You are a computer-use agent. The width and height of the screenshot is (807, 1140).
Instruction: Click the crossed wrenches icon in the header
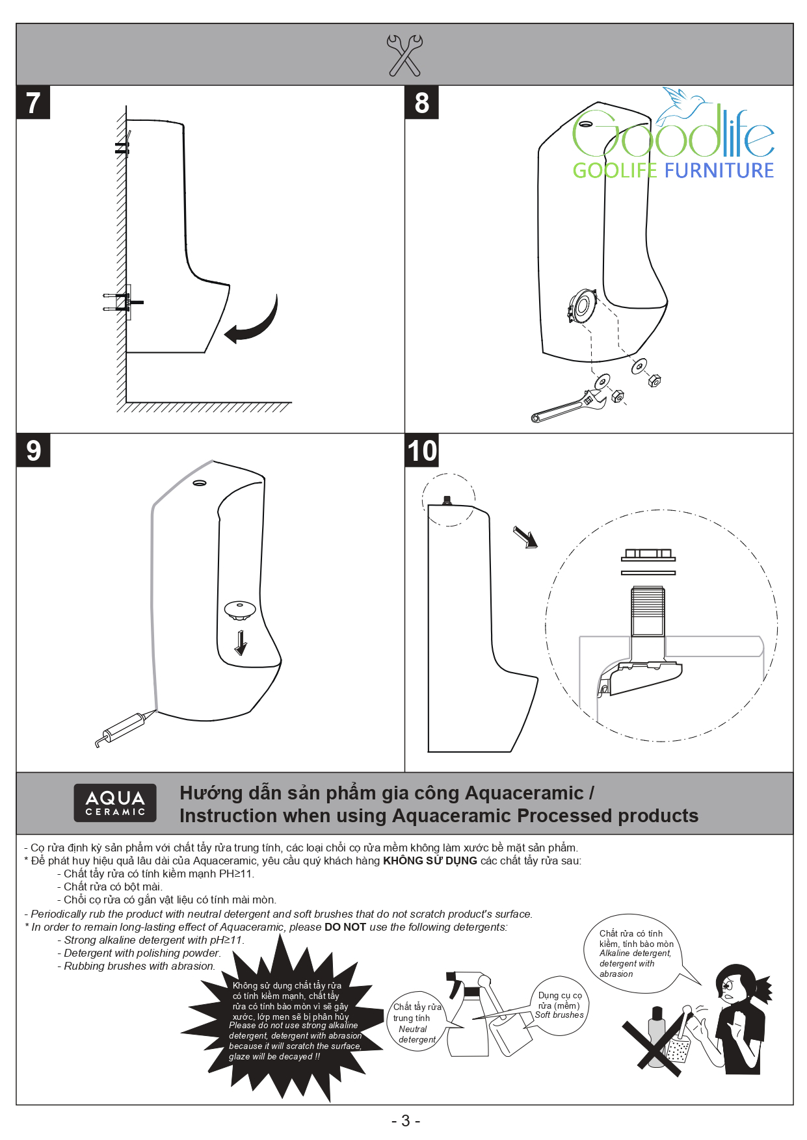404,55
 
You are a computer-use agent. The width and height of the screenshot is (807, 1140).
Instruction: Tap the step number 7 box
33,103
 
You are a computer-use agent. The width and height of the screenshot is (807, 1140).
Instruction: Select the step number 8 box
421,103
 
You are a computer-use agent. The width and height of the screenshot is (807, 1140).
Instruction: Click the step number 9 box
33,450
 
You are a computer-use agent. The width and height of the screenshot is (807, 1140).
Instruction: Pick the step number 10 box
422,451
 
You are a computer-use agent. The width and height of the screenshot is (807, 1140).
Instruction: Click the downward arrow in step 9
241,642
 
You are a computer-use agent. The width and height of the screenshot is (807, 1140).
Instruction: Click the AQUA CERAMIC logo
115,803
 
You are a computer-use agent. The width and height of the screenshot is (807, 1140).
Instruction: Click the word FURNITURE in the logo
719,171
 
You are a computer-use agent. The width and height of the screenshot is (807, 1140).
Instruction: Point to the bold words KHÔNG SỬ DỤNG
430,861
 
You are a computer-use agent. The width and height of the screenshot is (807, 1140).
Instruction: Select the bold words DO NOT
345,927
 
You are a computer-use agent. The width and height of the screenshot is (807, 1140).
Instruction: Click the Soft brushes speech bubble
560,1005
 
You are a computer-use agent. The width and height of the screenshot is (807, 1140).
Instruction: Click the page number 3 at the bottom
406,1121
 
